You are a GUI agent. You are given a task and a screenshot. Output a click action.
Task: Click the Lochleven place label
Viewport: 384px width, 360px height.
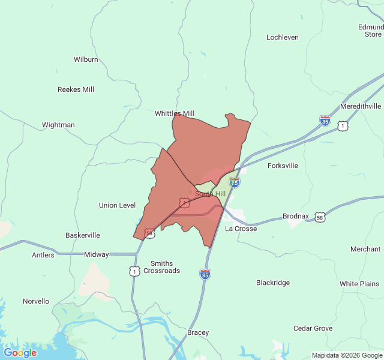click(x=282, y=37)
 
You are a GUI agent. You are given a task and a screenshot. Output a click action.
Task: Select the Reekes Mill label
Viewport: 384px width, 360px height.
click(x=76, y=89)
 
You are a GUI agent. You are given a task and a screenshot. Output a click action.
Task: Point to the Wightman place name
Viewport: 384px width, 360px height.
click(x=58, y=125)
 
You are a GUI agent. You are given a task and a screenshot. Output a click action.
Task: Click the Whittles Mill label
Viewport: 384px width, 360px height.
click(x=175, y=113)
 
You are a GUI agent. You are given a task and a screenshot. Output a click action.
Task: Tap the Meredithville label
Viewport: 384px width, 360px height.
click(x=360, y=106)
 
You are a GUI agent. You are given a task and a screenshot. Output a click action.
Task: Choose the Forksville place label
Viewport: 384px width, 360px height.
click(x=283, y=166)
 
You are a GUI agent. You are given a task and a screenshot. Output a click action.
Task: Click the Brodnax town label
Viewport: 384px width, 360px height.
click(x=295, y=216)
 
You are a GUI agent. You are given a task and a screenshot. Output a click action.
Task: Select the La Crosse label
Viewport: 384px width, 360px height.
click(x=241, y=229)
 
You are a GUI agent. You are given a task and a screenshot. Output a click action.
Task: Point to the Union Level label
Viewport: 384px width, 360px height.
click(x=117, y=205)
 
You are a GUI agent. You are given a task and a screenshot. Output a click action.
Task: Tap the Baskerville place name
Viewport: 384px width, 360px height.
click(x=83, y=235)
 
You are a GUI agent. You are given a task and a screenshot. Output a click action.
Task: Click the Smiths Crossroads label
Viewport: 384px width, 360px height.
click(x=157, y=267)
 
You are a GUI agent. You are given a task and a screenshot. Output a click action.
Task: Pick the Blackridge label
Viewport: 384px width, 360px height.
click(x=273, y=283)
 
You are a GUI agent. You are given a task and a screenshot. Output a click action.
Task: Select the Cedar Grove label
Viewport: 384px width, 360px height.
click(x=313, y=328)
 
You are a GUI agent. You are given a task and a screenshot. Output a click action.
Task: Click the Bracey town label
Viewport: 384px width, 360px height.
click(x=198, y=332)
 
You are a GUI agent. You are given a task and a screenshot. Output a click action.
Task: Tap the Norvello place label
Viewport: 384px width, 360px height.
click(x=36, y=301)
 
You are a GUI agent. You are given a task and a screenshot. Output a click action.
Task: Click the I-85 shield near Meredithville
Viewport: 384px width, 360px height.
click(x=325, y=121)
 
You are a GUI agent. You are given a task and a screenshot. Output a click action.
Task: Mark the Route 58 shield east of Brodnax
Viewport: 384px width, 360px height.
click(x=320, y=217)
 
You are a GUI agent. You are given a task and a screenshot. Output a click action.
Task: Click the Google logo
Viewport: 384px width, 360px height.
click(x=20, y=353)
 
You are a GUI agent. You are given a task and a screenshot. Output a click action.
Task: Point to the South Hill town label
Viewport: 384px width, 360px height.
click(x=210, y=194)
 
